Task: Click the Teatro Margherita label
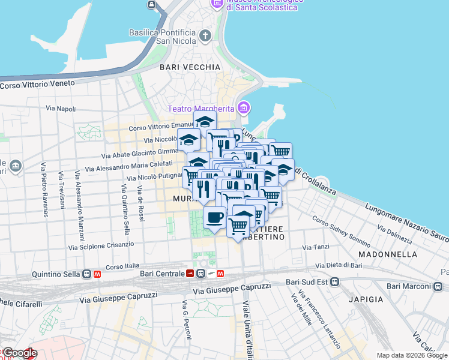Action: point(200,109)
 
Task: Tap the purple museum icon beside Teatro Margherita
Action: point(243,108)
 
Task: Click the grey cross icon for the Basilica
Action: point(206,36)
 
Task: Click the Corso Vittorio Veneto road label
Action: point(37,85)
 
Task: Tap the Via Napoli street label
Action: point(61,109)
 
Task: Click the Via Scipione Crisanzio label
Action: point(101,245)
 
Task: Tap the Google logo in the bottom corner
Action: point(19,353)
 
